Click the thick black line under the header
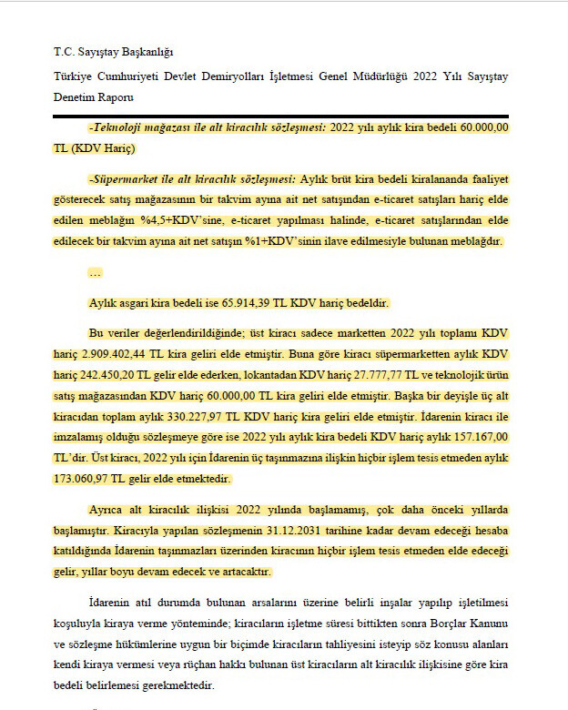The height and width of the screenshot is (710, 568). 280,117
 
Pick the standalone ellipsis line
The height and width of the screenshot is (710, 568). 95,272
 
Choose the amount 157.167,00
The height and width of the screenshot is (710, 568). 477,438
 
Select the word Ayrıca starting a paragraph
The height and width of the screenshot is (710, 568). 107,510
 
